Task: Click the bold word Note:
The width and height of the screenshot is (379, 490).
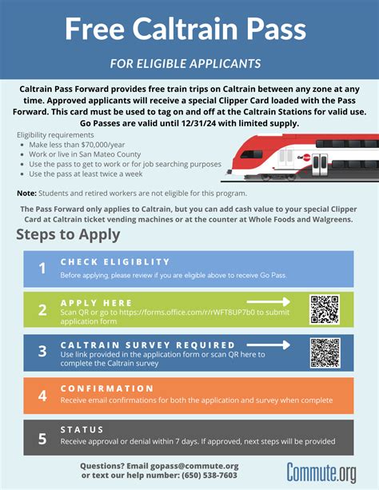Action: [x=27, y=193]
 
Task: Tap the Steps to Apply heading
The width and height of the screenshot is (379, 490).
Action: [x=68, y=234]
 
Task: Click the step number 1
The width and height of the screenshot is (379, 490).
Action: [x=42, y=269]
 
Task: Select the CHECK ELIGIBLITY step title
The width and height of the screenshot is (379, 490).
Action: [x=115, y=261]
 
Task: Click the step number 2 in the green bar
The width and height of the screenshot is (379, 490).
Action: [x=42, y=310]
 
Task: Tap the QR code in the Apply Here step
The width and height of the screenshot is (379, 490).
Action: [x=325, y=309]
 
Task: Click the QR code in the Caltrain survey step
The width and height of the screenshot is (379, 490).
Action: [x=325, y=353]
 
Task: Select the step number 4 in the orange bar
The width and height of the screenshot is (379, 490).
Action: [x=42, y=395]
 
